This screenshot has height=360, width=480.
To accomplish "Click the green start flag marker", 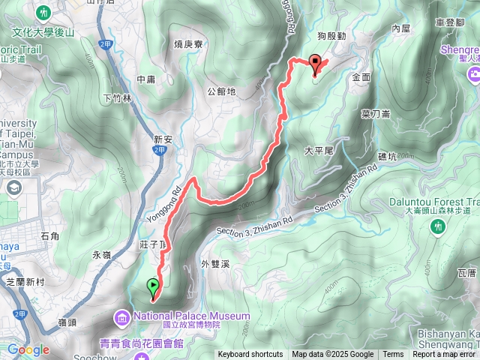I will click(x=153, y=286).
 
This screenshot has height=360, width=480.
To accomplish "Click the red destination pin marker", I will click(x=315, y=64).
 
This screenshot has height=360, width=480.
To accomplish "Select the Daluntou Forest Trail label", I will click(x=435, y=202).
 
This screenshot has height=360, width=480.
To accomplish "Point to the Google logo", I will click(x=28, y=350).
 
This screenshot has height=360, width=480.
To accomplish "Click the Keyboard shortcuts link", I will click(x=251, y=355).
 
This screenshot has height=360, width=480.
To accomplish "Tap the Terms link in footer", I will click(x=393, y=355).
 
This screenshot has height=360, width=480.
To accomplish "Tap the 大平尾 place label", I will click(x=318, y=150).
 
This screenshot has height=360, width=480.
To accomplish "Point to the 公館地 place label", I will click(x=221, y=91).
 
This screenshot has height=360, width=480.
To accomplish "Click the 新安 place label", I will click(x=163, y=139).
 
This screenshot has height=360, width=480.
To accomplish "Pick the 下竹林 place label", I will click(x=117, y=97).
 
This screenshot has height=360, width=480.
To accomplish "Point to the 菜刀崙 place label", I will click(x=375, y=113).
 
